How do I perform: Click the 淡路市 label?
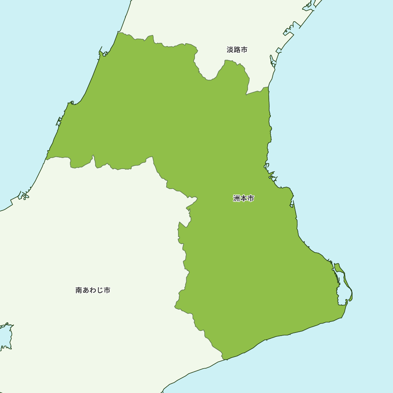tap(237, 50)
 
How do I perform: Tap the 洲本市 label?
tap(243, 198)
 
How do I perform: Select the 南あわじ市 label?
tap(93, 290)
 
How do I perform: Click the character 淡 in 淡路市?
tap(230, 50)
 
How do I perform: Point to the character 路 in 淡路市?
tap(237, 50)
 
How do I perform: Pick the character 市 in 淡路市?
tap(244, 50)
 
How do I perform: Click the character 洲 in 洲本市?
tap(237, 198)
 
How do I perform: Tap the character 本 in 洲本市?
tap(243, 198)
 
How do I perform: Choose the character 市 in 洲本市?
tap(250, 198)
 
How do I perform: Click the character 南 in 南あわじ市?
tap(79, 290)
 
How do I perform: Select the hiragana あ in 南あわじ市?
tap(86, 290)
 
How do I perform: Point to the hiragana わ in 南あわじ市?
tap(93, 290)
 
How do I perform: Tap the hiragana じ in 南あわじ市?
tap(100, 290)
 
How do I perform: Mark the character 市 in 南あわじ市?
tap(107, 290)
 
